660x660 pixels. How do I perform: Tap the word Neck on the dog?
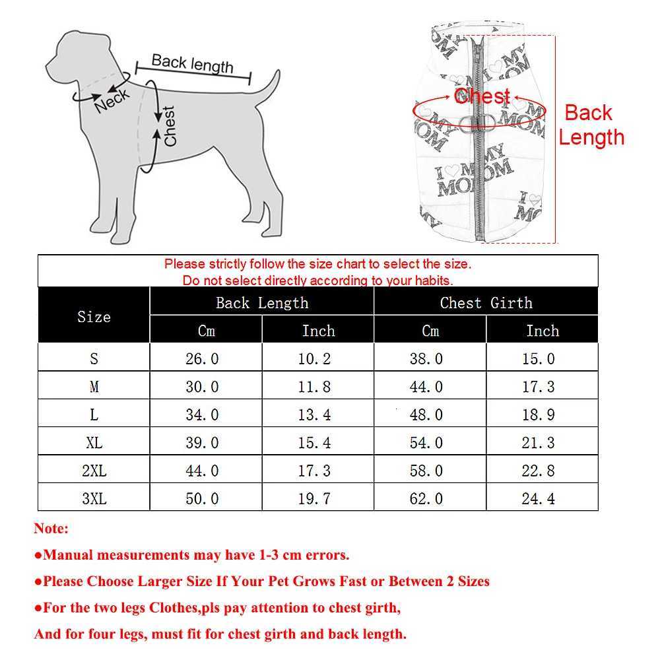112,100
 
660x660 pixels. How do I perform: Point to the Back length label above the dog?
192,63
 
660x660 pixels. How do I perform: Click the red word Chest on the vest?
482,96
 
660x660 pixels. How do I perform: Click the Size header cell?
94,317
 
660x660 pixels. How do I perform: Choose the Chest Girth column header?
486,303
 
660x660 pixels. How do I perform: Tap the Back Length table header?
262,303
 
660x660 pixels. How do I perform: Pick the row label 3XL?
94,499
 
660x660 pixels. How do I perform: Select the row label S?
94,359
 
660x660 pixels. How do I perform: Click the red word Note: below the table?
51,529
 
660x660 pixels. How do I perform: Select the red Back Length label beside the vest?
591,125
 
